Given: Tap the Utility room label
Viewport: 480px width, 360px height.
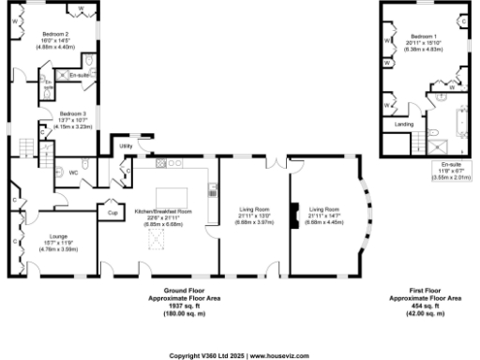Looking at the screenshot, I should (x=124, y=146).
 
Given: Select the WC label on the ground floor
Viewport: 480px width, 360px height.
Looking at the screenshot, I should (x=74, y=172).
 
